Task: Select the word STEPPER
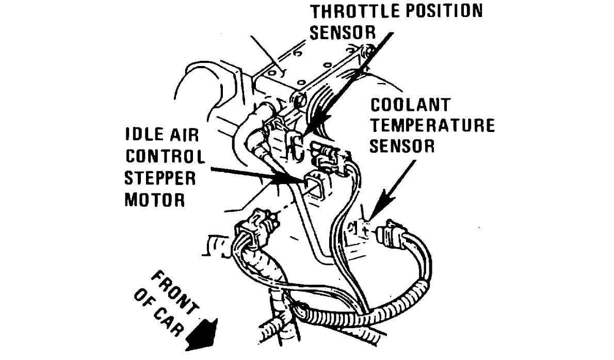click(160, 178)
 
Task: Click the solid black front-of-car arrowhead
click(203, 334)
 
